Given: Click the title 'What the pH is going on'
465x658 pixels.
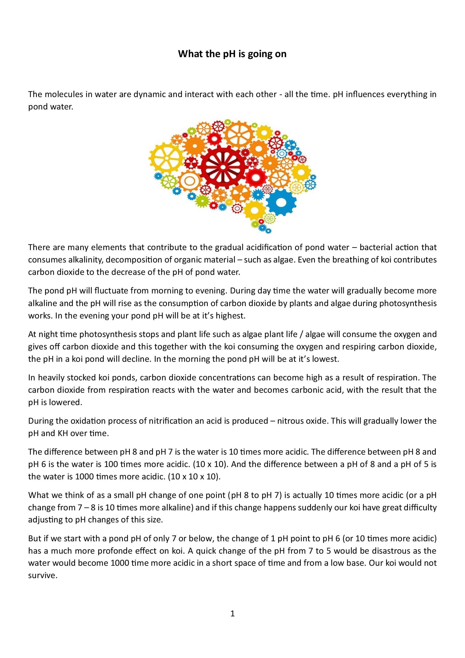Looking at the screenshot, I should click(x=232, y=54).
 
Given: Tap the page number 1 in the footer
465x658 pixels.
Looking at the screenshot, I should click(x=233, y=613).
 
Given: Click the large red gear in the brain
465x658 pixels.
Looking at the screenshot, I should click(x=223, y=167).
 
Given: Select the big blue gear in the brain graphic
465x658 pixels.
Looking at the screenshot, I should click(x=281, y=202).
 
